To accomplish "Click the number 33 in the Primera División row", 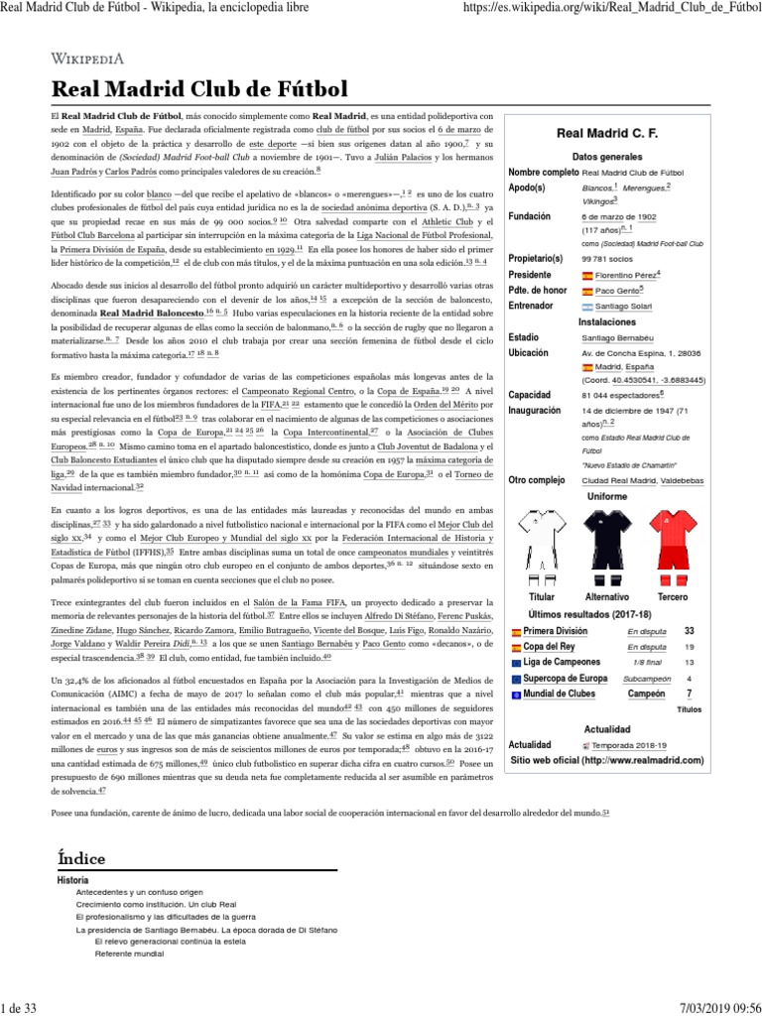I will [689, 630].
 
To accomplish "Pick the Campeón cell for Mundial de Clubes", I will [646, 694].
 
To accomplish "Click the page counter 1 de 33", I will [19, 1007].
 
